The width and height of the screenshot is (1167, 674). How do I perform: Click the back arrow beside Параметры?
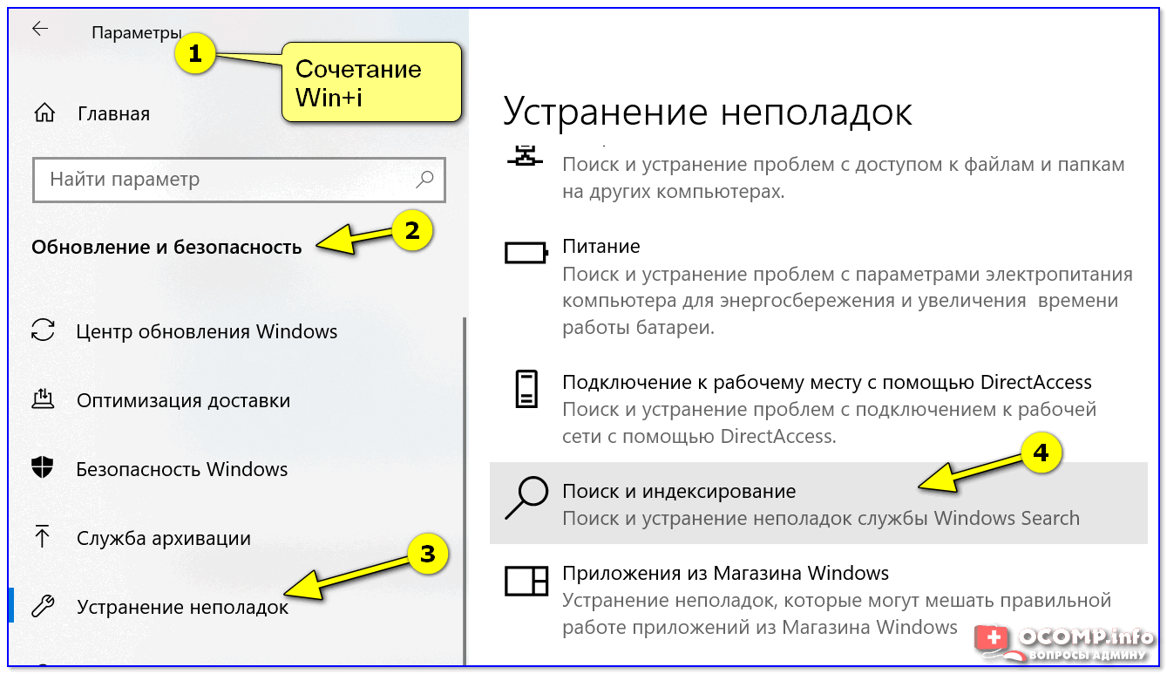click(x=40, y=29)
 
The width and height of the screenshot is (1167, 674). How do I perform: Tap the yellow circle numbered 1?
click(x=194, y=55)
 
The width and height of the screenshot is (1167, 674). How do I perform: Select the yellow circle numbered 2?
click(x=411, y=230)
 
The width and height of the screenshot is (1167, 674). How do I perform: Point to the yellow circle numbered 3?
click(x=427, y=555)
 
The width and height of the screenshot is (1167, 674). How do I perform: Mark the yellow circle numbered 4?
click(x=1041, y=453)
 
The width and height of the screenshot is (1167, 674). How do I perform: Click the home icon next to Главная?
click(x=44, y=113)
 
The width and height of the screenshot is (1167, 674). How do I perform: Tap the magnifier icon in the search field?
click(x=424, y=180)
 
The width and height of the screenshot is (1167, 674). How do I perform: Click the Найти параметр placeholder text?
click(x=125, y=180)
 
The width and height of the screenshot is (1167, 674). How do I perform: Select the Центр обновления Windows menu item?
click(x=207, y=331)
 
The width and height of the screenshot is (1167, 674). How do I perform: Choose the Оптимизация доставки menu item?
click(x=183, y=401)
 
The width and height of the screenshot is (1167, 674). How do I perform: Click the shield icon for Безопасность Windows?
click(x=43, y=468)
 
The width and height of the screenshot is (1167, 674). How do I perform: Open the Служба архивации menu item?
click(x=163, y=538)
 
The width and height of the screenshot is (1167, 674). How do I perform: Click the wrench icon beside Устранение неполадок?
click(x=43, y=606)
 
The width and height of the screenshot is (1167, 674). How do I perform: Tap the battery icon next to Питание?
click(x=526, y=253)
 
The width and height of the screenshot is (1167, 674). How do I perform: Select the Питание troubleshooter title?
click(x=600, y=247)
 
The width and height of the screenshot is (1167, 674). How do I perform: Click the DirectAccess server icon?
click(x=526, y=389)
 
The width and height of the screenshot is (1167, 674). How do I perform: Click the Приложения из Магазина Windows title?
click(x=725, y=573)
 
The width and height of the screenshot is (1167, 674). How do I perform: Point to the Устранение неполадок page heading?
click(x=708, y=112)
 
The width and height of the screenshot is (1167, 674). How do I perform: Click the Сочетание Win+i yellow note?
click(x=370, y=82)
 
